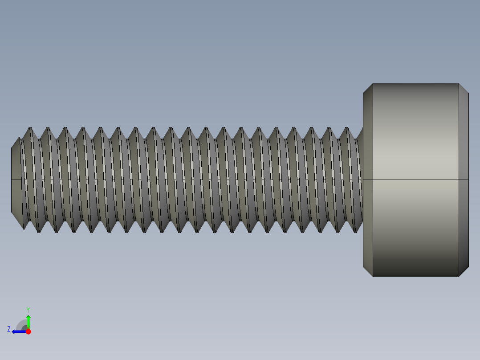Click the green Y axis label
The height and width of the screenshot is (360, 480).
(x=28, y=309)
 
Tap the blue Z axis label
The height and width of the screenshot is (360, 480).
(x=9, y=329)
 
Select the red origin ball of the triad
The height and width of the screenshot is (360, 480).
(x=28, y=331)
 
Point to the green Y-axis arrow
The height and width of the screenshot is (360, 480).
(x=28, y=321)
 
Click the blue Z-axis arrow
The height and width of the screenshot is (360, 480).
(x=18, y=331)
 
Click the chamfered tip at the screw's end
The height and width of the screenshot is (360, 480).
(x=16, y=180)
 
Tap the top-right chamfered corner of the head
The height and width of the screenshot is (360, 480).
(x=464, y=88)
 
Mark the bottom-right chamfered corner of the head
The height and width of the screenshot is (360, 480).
(x=464, y=272)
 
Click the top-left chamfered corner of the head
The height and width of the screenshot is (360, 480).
(x=368, y=88)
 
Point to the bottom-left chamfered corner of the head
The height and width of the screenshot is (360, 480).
(x=368, y=272)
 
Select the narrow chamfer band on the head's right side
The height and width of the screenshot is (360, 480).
(x=464, y=180)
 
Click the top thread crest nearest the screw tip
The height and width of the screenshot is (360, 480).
(x=30, y=128)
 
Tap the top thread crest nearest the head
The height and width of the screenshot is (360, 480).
(x=347, y=128)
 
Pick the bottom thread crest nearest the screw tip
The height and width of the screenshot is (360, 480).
(x=39, y=232)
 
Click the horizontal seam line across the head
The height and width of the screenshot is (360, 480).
(x=415, y=180)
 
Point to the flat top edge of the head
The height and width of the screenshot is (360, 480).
(x=415, y=83)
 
